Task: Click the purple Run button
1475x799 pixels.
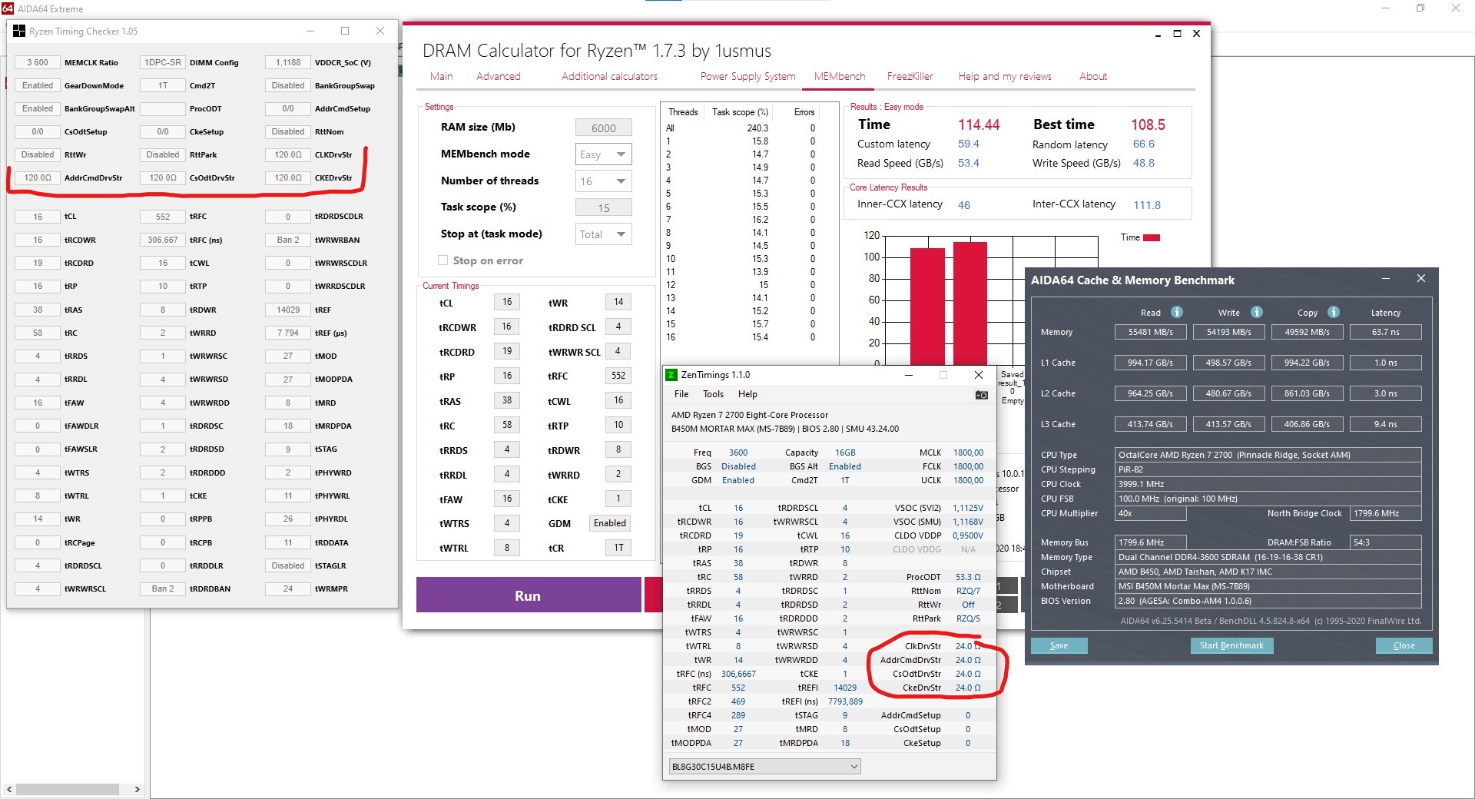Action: [528, 595]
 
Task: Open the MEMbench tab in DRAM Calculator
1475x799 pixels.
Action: [839, 76]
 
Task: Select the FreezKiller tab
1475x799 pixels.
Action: [910, 76]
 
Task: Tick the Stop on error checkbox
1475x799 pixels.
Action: [442, 260]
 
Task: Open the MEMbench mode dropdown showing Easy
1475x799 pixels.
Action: [604, 154]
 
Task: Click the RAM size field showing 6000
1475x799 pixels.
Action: [603, 128]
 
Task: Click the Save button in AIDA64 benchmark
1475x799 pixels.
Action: [1059, 645]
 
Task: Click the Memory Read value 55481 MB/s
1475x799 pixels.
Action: [1150, 332]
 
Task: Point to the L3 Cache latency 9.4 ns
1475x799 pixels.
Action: [1385, 424]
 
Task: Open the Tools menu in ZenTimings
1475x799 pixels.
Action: [713, 394]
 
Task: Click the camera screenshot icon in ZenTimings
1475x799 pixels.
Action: [981, 395]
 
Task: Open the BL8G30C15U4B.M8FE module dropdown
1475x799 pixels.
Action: [764, 766]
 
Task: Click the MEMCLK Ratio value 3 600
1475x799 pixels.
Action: [38, 62]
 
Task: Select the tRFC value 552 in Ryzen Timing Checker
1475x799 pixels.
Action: [163, 217]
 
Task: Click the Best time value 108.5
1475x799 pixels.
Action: [1148, 124]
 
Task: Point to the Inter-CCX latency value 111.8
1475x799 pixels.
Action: [1147, 205]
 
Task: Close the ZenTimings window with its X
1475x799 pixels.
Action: [978, 375]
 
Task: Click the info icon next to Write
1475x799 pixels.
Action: [1257, 312]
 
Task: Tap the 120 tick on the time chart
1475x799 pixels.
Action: [872, 235]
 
